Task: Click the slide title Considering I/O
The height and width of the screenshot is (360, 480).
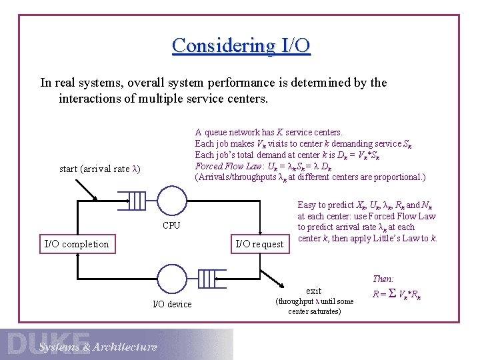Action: pyautogui.click(x=241, y=45)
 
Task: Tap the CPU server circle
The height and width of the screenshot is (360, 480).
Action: pyautogui.click(x=173, y=200)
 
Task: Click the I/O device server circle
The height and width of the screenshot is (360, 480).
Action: pyautogui.click(x=172, y=276)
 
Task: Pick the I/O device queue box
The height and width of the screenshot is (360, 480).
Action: pyautogui.click(x=209, y=276)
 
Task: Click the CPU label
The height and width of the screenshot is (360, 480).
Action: pyautogui.click(x=171, y=225)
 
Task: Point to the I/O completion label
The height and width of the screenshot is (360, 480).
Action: pyautogui.click(x=76, y=244)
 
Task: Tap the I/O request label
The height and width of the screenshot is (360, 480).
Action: pyautogui.click(x=259, y=244)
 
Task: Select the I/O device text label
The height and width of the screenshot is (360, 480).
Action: pyautogui.click(x=172, y=304)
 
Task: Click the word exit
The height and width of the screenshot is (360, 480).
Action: pyautogui.click(x=313, y=291)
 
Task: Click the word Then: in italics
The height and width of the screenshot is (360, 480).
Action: pyautogui.click(x=383, y=279)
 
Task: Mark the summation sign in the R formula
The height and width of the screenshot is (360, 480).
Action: pyautogui.click(x=392, y=293)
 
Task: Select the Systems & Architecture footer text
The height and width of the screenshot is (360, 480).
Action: pyautogui.click(x=98, y=347)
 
